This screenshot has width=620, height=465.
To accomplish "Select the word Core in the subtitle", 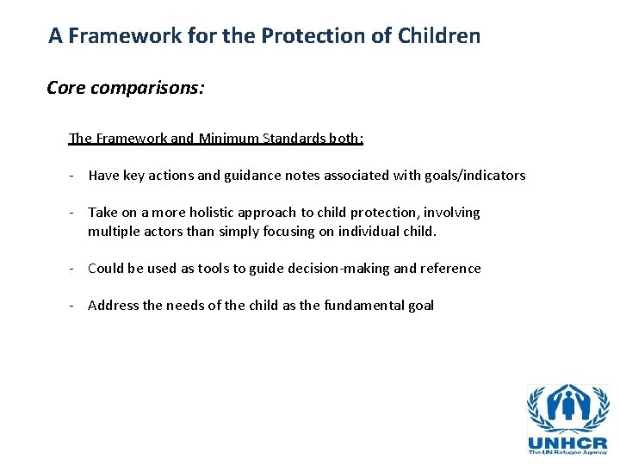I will coord(67,88).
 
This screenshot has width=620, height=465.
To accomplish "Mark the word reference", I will coord(450,269).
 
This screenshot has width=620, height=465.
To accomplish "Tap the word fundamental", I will coord(363,306).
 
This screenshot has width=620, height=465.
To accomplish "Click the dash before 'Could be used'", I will coord(73,269).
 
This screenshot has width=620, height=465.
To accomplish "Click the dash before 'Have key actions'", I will coord(73,176).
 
